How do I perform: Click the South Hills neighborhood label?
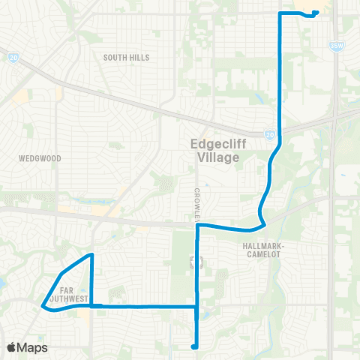pos(127,57)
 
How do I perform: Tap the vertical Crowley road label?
pos(198,203)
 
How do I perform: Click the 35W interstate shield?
pos(334,46)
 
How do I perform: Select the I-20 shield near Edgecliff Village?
pos(270,135)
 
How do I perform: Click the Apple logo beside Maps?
pos(12,347)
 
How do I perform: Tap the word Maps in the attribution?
pos(32,347)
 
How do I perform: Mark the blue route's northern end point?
pos(316,13)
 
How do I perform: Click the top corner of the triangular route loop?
pos(91,256)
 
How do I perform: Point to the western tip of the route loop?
pos(41,304)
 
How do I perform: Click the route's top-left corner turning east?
pos(280,13)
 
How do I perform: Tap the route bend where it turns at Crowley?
pos(197,225)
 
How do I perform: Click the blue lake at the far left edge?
pos(2,283)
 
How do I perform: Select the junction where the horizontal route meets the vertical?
pos(196,306)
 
